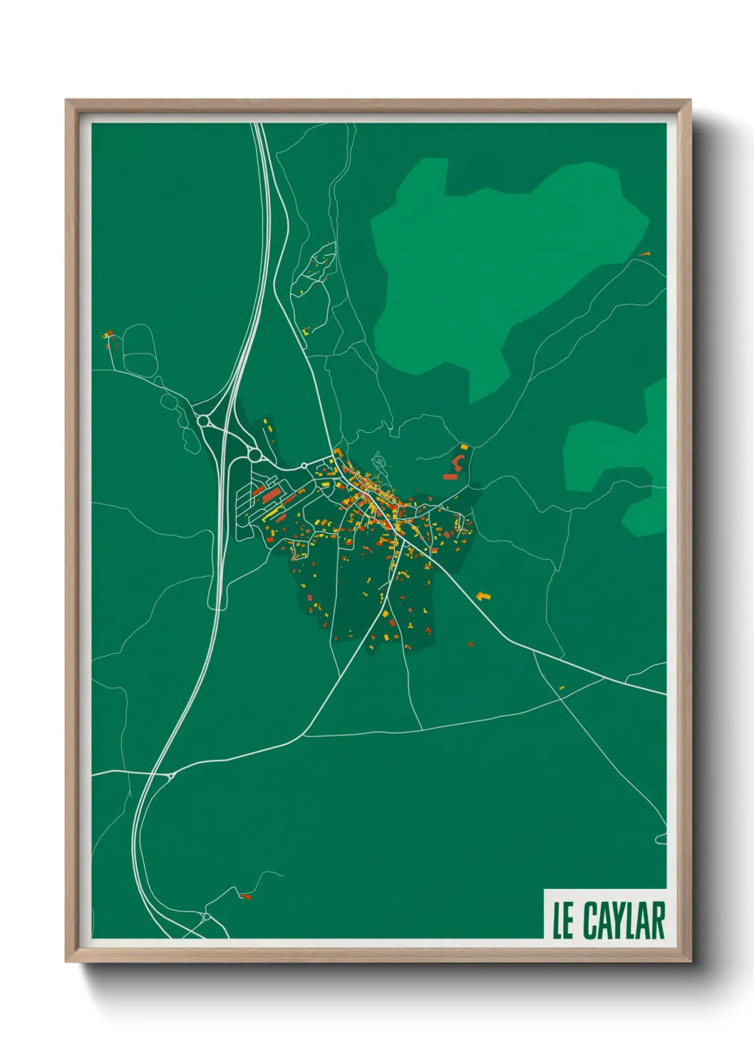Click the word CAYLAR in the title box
click(624, 920)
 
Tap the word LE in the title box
click(563, 921)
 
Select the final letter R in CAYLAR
click(656, 920)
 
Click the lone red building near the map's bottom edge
click(246, 896)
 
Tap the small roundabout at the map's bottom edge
click(205, 916)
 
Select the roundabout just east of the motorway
click(254, 454)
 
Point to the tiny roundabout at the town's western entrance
click(304, 465)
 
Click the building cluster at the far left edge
click(108, 335)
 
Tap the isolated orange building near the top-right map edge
click(645, 254)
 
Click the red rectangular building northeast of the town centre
click(450, 476)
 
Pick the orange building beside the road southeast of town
click(483, 595)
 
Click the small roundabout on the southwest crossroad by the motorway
click(171, 776)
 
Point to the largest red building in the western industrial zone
click(270, 495)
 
